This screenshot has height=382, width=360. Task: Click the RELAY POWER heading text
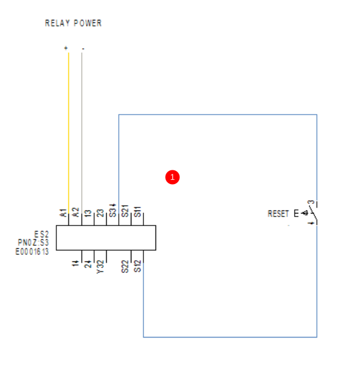pyautogui.click(x=73, y=23)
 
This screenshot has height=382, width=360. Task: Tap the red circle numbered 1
pyautogui.click(x=173, y=177)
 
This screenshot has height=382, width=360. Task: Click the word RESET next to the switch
pyautogui.click(x=278, y=214)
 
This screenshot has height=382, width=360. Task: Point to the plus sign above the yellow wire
pyautogui.click(x=66, y=48)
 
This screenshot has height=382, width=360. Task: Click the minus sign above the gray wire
pyautogui.click(x=82, y=48)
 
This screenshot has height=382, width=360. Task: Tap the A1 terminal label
pyautogui.click(x=62, y=212)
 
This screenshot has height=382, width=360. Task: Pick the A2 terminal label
pyautogui.click(x=76, y=212)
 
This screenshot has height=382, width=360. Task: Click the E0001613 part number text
pyautogui.click(x=32, y=252)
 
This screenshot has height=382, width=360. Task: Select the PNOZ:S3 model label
pyautogui.click(x=34, y=243)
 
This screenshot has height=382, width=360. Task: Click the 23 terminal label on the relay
pyautogui.click(x=101, y=212)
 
